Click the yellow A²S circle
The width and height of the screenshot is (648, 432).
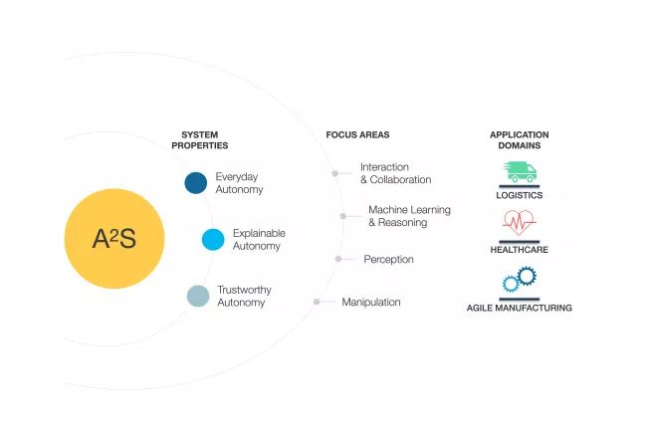113,239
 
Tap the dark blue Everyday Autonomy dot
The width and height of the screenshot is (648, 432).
196,183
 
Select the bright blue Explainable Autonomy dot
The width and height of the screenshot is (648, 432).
213,240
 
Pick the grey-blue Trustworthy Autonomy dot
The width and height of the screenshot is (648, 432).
199,296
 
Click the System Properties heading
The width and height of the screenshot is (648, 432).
199,139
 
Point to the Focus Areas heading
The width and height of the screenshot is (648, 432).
357,134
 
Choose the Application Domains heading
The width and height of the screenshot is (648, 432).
519,139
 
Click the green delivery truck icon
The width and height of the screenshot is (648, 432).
519,172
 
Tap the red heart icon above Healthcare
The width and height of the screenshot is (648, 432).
519,222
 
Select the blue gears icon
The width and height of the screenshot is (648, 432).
519,280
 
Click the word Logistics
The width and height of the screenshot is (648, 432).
519,196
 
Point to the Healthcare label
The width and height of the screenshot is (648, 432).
519,251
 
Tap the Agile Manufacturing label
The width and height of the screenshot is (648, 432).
519,309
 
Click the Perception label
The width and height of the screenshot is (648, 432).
388,259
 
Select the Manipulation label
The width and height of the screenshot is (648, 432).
371,302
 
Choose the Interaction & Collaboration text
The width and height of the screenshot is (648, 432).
395,173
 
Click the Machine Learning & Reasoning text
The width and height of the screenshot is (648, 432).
409,216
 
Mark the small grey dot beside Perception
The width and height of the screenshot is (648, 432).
338,259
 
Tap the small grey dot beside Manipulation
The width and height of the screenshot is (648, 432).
317,302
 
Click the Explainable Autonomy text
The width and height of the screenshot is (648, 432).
257,240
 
